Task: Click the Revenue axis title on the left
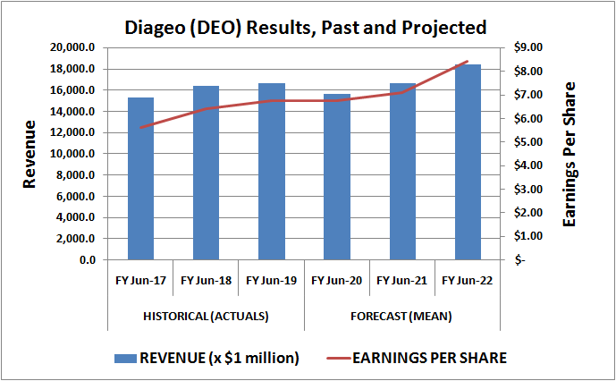click(30, 154)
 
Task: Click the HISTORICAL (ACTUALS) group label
click(206, 317)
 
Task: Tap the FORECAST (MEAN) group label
click(402, 317)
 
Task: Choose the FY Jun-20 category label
click(337, 281)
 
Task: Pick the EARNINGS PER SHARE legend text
click(430, 358)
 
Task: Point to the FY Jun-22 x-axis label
click(468, 281)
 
